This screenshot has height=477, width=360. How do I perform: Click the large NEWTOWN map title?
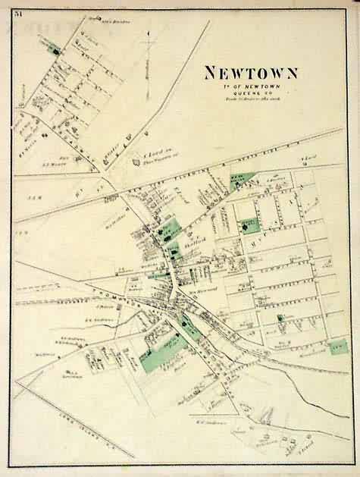[250, 74]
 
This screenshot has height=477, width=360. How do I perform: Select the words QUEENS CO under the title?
[250, 93]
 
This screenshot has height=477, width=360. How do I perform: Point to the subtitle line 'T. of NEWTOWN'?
[249, 86]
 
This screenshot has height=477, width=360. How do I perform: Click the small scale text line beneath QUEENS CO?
[250, 99]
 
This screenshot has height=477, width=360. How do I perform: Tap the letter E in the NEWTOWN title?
[225, 74]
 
